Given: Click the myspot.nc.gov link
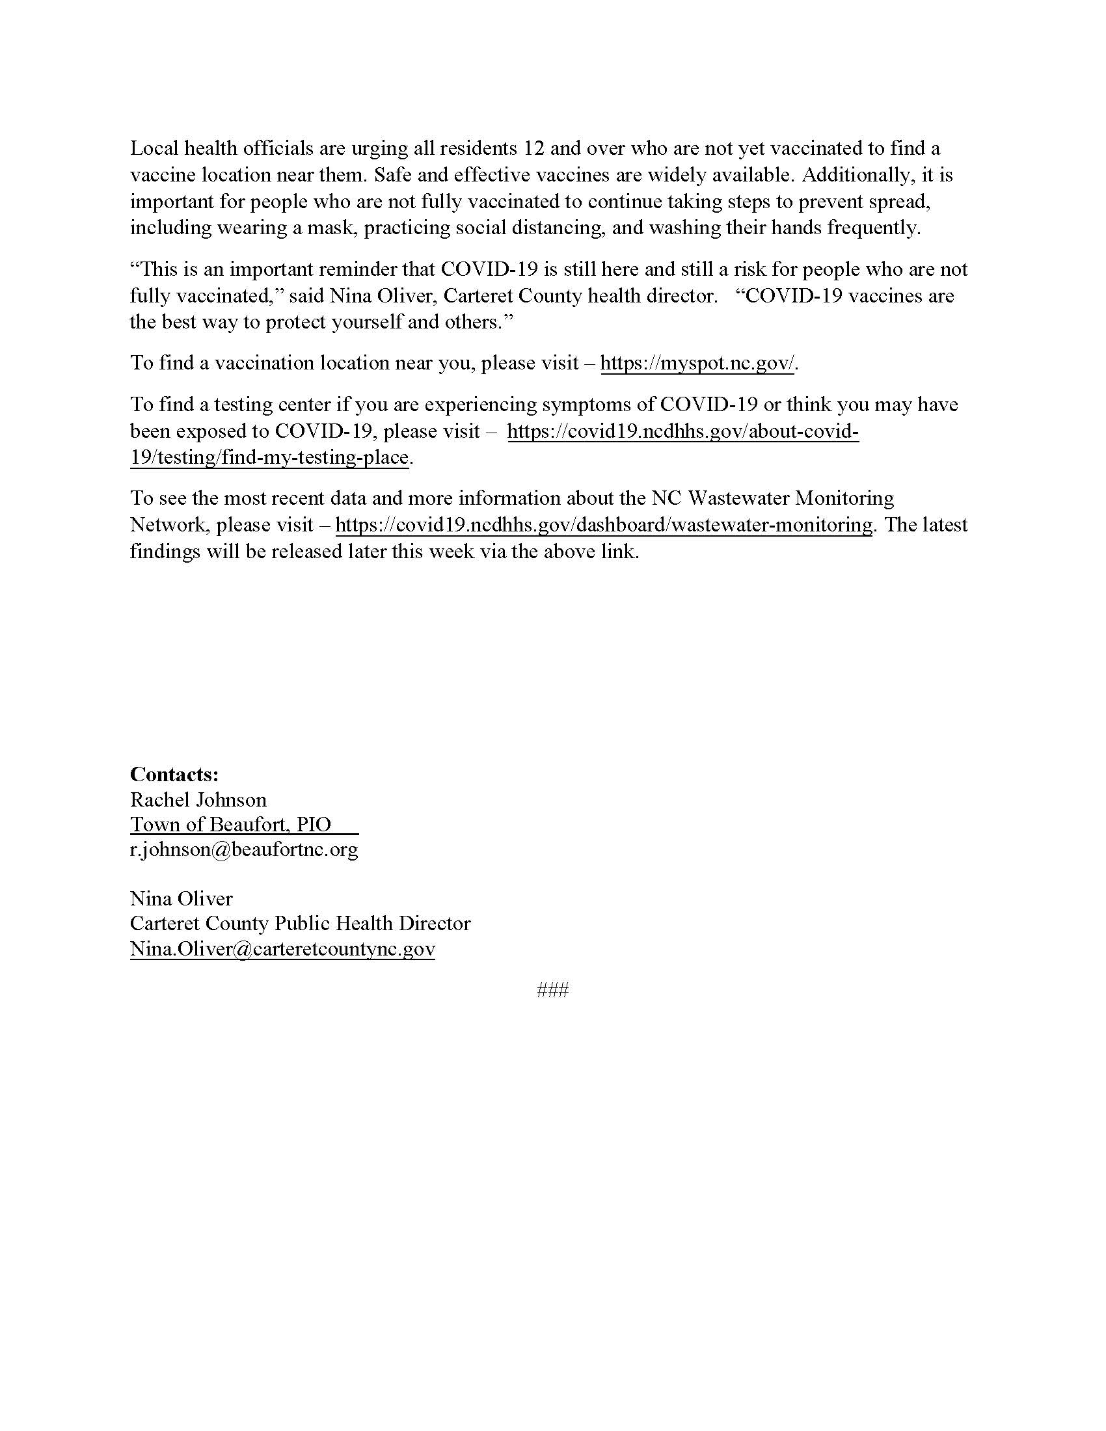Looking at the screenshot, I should tap(697, 363).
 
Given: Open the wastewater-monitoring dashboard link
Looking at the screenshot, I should tap(604, 525).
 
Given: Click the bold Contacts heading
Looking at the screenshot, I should tap(174, 774).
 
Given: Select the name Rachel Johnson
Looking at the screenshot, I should tap(198, 799).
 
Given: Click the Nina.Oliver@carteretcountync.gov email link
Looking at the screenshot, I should tap(282, 949).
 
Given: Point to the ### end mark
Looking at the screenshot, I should tap(552, 989).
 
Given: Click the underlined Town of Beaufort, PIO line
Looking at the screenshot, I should tap(231, 824).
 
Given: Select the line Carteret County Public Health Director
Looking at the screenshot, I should tap(300, 923).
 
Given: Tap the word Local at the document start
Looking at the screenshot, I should tap(154, 148).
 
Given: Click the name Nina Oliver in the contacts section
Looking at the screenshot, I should tap(181, 898).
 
